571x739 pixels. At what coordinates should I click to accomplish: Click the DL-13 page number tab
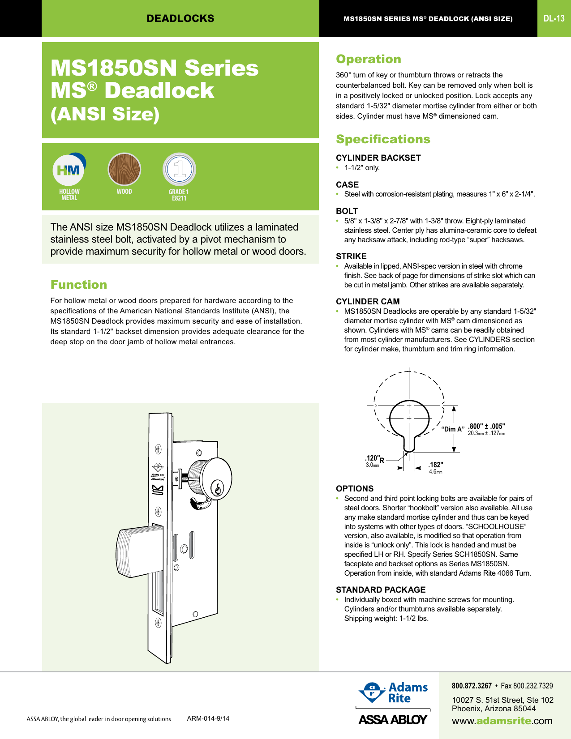pos(554,18)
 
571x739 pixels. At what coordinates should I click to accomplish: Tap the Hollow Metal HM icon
pos(69,170)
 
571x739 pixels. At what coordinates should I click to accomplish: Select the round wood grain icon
pos(124,169)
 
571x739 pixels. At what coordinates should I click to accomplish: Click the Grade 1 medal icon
pos(179,169)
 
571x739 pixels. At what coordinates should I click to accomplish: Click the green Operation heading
pos(369,59)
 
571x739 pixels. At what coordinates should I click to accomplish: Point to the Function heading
pos(79,285)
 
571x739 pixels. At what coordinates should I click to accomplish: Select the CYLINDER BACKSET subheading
pos(378,158)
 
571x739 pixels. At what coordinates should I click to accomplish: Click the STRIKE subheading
pos(351,256)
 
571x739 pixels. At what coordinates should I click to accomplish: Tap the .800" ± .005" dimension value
pos(486,426)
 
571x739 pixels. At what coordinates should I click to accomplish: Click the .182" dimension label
pos(435,465)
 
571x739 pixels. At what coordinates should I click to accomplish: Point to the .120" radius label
pos(373,458)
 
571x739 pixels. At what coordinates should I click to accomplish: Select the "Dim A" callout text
pos(453,429)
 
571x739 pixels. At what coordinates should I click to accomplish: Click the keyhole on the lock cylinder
pos(218,488)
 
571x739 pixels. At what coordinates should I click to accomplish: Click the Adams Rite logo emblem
pos(371,692)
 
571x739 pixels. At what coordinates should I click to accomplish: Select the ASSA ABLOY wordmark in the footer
pos(393,719)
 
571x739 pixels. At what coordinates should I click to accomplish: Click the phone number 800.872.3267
pos(472,686)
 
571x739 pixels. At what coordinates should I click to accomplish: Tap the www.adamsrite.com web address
pos(502,721)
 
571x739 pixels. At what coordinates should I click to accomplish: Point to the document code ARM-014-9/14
pos(208,718)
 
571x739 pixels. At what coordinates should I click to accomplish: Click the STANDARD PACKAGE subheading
pos(381,589)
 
